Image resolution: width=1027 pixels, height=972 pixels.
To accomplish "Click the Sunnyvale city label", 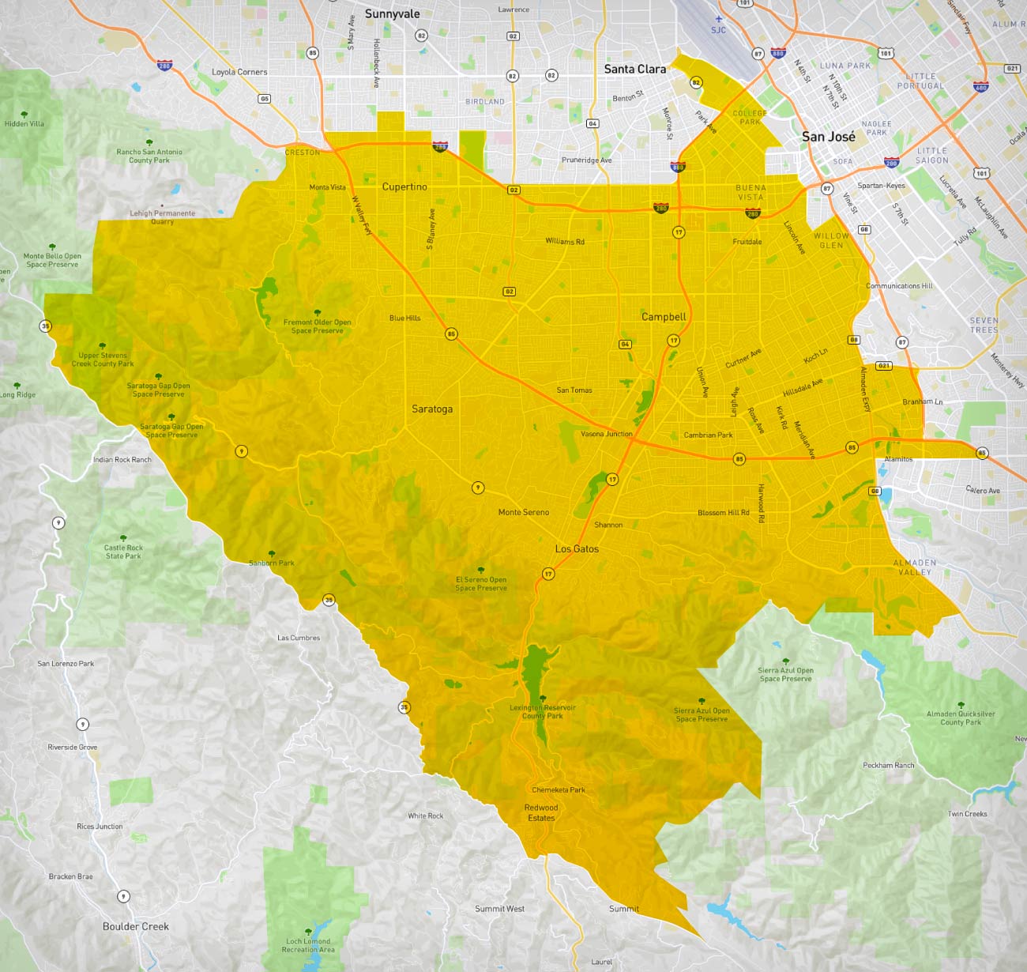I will point(392,13).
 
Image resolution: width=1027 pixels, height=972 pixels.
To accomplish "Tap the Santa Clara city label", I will point(634,69).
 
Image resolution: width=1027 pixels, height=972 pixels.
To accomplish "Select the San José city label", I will point(828,136).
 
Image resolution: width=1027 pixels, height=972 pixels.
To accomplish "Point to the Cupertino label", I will point(404,186).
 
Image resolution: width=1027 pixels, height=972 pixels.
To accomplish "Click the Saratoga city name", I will point(432,409).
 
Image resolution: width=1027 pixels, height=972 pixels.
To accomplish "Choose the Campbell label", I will point(664,316).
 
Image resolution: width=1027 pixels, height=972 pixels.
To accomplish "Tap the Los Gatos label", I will point(577,548).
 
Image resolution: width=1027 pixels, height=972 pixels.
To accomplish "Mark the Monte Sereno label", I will point(523,512).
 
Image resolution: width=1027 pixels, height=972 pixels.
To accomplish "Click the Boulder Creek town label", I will point(135,926).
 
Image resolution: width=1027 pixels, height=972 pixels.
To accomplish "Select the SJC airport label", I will point(718,30).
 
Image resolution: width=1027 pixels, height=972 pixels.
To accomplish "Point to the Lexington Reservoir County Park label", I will point(542,712).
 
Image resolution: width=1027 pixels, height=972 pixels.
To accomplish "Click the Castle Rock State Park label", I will point(123,552).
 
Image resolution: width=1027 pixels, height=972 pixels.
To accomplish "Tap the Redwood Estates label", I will point(541,812).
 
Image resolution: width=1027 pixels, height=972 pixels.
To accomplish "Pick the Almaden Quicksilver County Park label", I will point(961,718).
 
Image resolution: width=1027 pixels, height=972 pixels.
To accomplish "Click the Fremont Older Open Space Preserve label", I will point(317,326).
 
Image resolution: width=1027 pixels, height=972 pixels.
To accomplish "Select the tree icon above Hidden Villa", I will point(24,115).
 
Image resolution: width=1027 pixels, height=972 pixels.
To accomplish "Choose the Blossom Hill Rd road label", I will point(723,513).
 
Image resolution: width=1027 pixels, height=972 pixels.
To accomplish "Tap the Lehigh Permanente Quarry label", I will point(162,217).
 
